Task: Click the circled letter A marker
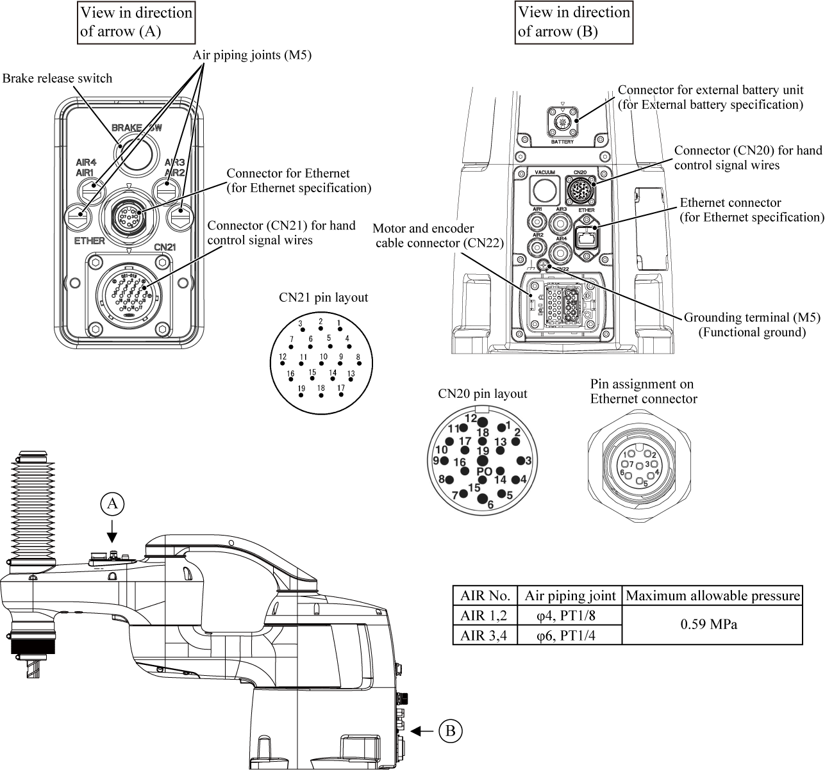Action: click(112, 504)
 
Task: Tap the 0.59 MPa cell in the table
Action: click(713, 624)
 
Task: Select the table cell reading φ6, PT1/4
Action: click(569, 635)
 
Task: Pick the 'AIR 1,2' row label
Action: click(485, 615)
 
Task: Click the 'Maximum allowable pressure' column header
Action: click(713, 596)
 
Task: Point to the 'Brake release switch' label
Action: click(57, 78)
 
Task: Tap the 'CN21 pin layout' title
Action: click(323, 298)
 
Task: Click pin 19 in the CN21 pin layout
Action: click(301, 394)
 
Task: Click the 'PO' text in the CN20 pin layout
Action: click(484, 471)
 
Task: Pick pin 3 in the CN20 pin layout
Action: click(521, 461)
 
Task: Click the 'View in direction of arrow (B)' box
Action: click(574, 22)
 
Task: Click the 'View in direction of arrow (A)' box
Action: click(137, 22)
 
